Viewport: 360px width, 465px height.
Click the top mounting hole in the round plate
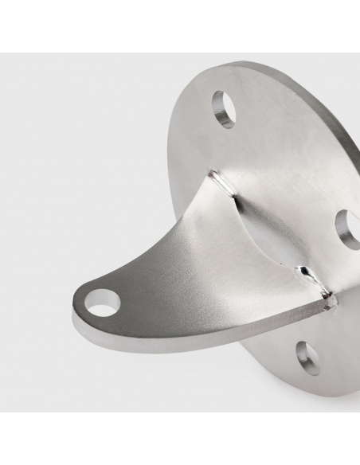pos(224,109)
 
